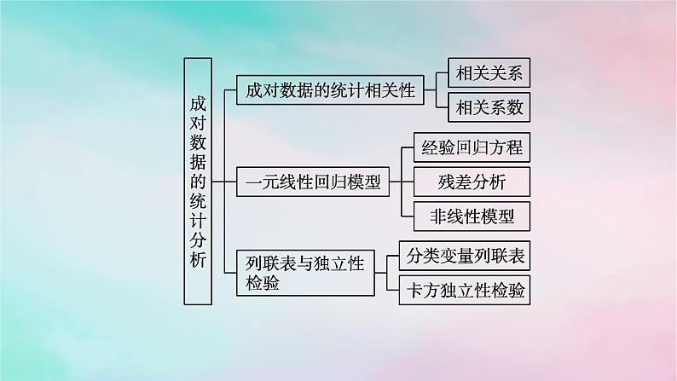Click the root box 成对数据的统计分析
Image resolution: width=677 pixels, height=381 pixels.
[x=198, y=181]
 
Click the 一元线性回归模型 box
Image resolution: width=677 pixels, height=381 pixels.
[x=312, y=182]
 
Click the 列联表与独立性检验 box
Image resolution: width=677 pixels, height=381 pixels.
[x=304, y=272]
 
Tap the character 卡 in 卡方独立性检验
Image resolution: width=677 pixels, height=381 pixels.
[x=409, y=290]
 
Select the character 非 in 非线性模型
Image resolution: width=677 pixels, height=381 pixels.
[x=432, y=216]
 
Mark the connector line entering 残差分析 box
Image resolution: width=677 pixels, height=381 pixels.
[x=407, y=182]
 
